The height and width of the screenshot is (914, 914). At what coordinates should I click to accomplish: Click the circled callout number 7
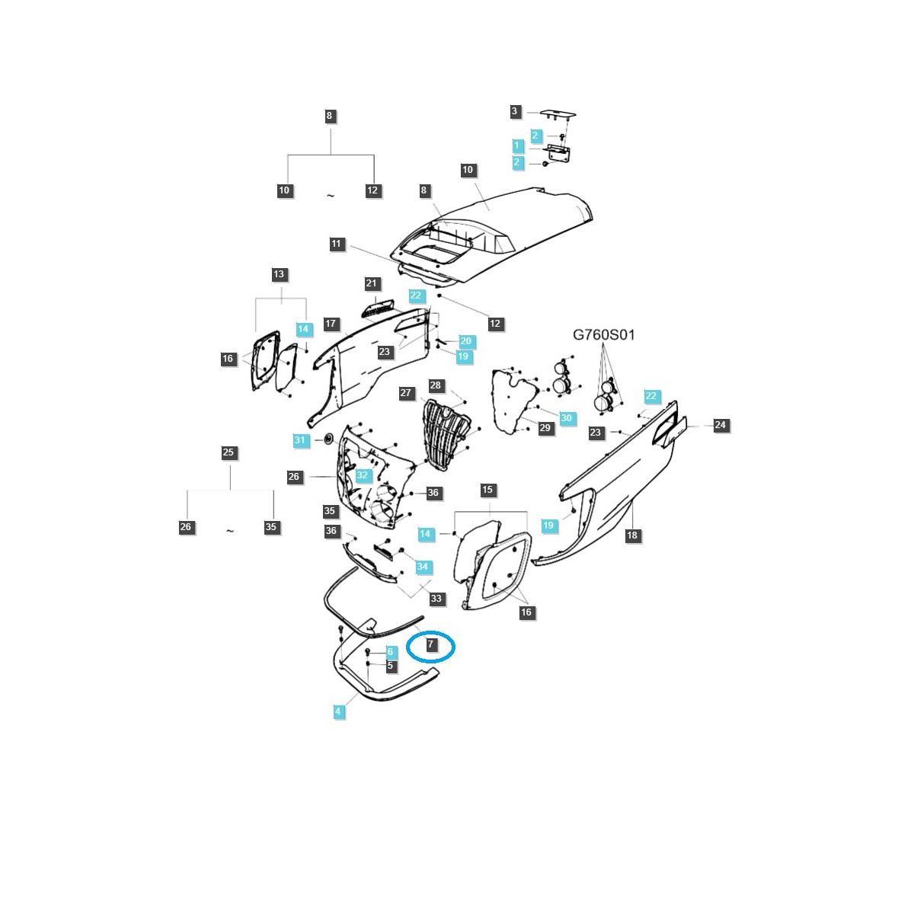430,645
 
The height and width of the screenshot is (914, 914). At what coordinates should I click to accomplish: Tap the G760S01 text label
603,334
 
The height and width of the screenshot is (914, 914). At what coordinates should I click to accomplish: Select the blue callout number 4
338,711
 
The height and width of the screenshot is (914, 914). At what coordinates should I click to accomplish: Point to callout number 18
631,535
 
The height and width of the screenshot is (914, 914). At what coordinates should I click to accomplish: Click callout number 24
721,426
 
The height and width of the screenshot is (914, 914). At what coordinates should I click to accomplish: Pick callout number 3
515,112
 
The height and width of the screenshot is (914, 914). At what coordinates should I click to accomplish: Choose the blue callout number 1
517,145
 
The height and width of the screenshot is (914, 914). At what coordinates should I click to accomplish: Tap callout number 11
337,244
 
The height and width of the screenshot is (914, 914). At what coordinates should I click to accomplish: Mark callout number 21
371,284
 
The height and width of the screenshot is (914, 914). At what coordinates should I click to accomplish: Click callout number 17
331,324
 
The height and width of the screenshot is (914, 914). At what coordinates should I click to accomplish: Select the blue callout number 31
300,440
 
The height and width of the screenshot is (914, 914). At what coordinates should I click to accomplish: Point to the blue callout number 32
363,475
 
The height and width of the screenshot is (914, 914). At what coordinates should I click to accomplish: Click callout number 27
406,394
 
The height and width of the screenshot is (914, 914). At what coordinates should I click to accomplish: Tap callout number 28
436,386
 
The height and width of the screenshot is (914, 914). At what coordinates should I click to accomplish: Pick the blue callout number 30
566,418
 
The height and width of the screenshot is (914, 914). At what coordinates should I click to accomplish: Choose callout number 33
436,599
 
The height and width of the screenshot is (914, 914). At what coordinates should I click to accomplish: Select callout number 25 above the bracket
228,452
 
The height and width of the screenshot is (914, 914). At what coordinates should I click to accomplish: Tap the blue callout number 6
390,652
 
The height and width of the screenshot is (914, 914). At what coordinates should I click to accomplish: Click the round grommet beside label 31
328,438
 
